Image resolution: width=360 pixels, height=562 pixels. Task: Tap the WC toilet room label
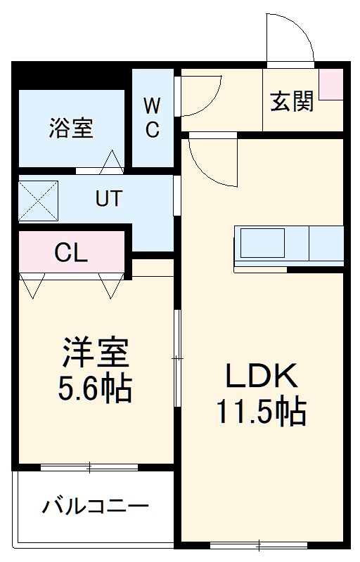click(x=153, y=117)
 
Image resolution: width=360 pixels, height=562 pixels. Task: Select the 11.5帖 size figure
click(x=262, y=412)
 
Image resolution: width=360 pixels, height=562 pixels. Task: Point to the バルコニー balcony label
click(x=95, y=506)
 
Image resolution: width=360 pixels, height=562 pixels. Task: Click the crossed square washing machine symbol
click(x=37, y=199)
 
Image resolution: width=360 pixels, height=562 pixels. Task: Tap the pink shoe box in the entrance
click(x=330, y=84)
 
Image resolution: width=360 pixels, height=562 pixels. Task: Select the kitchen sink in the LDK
click(x=261, y=244)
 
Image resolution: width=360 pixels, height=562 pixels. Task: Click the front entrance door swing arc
click(x=290, y=39)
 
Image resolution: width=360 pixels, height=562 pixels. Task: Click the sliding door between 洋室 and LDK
click(x=177, y=358)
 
